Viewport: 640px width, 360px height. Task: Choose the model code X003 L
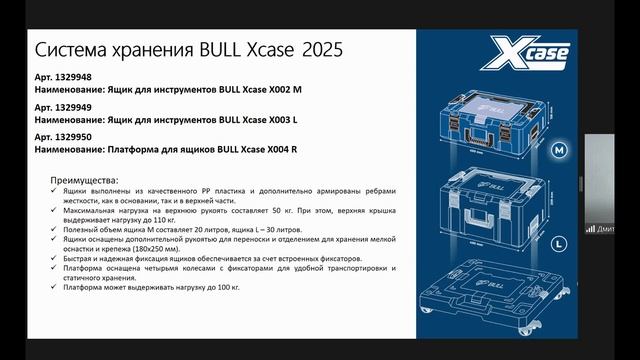pos(279,119)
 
